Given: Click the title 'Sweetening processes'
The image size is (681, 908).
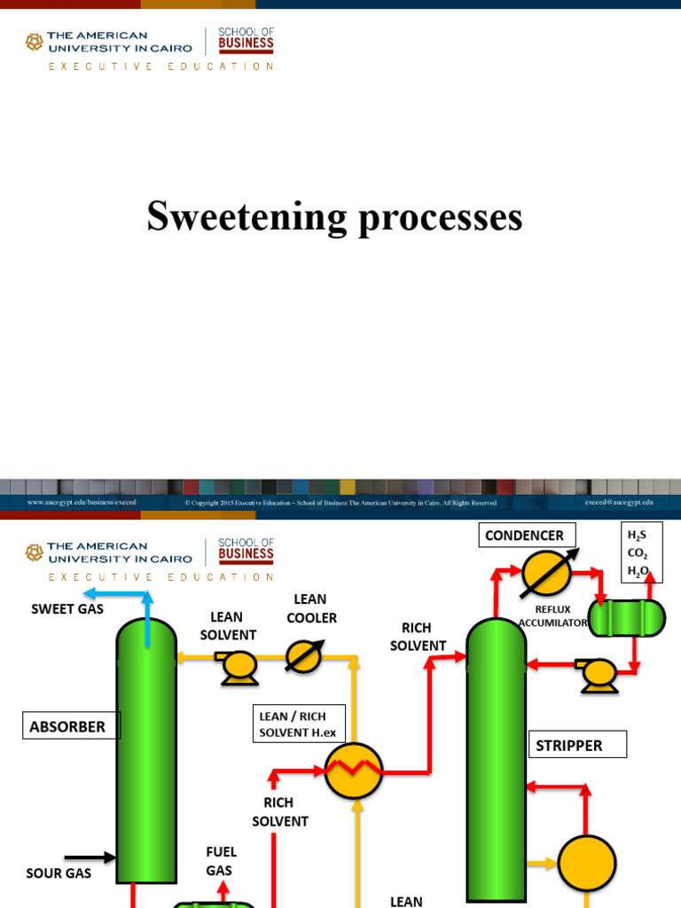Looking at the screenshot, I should (334, 217).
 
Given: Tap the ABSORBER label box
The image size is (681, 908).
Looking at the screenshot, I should (68, 727).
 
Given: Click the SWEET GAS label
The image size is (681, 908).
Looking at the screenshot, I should (67, 609).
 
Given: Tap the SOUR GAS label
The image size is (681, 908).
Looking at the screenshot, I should (59, 873).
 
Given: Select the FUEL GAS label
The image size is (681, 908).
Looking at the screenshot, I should (221, 861).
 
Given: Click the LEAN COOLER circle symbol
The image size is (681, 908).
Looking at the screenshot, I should (304, 658).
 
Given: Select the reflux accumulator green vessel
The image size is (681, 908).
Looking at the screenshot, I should (627, 618).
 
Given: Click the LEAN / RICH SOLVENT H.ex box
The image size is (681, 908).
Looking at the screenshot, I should (293, 724).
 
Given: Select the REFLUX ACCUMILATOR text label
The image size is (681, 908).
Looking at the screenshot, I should (552, 616).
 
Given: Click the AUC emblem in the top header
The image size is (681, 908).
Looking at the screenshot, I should (34, 42).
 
